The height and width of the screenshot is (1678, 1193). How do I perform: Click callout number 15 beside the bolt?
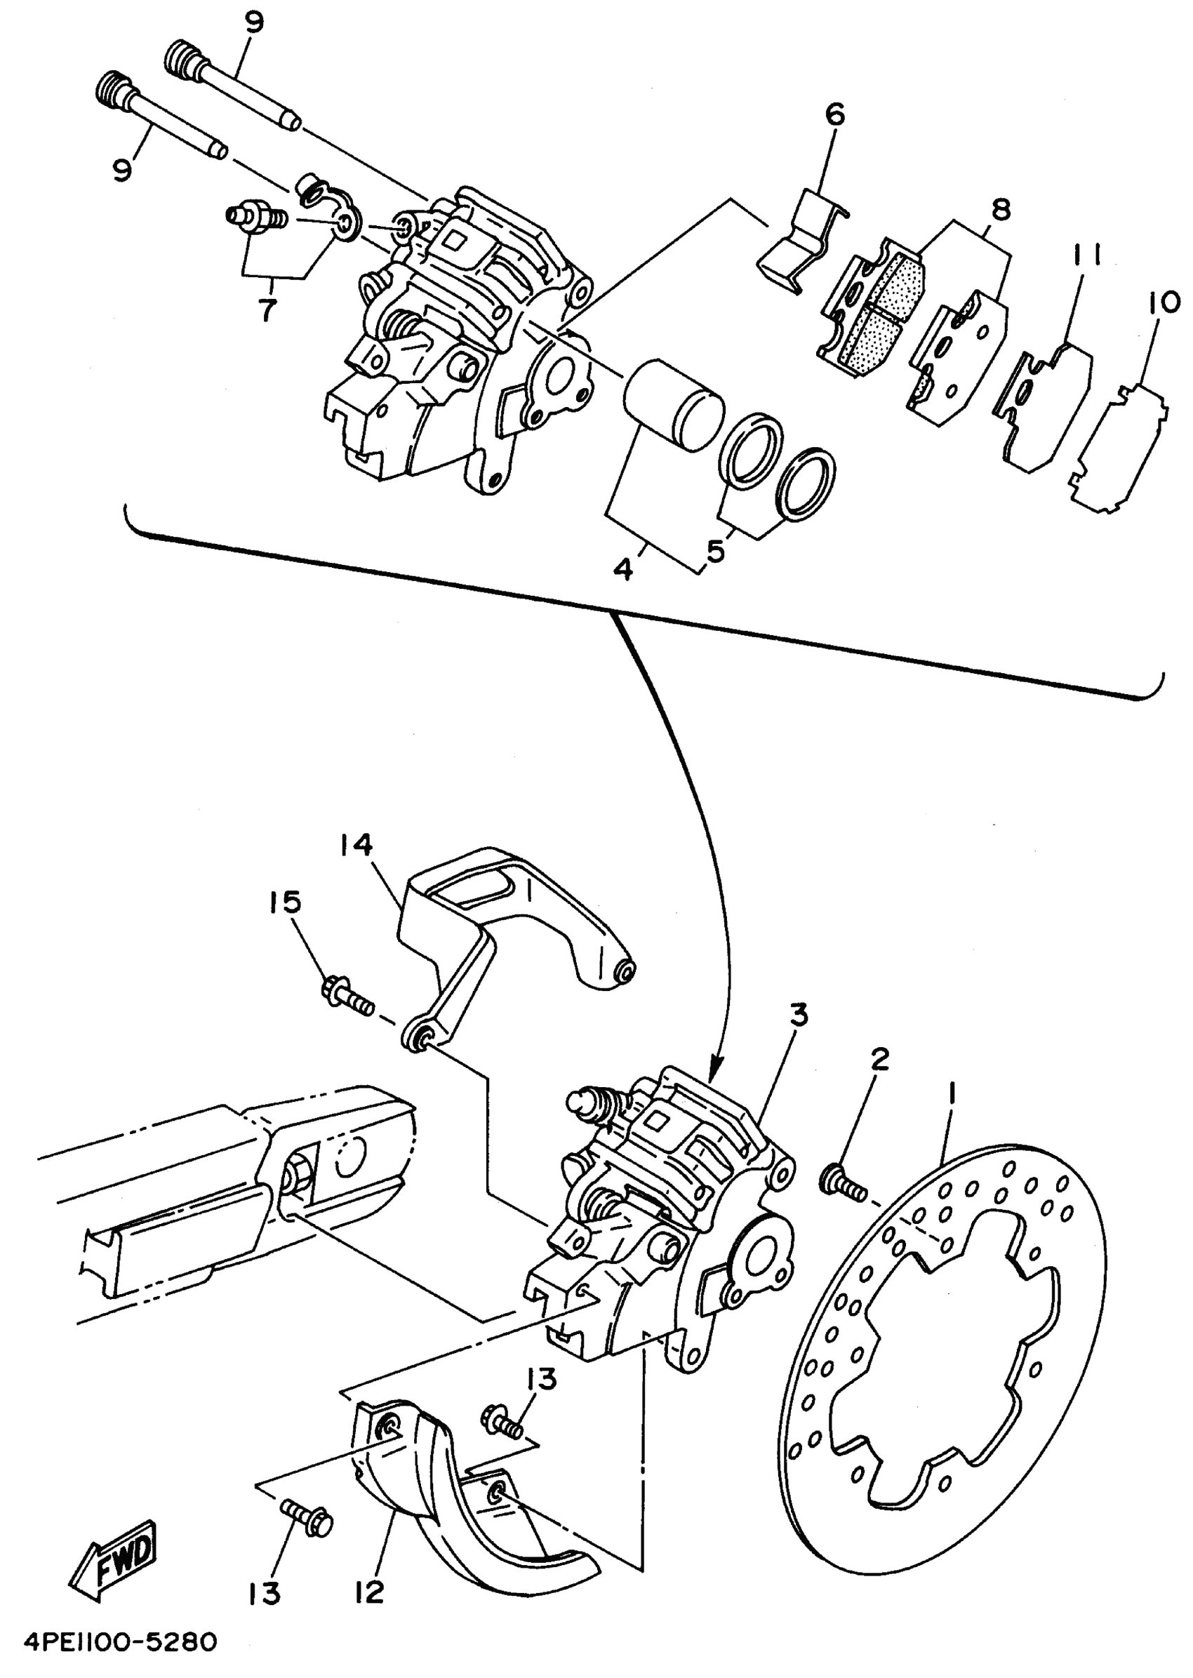[x=286, y=903]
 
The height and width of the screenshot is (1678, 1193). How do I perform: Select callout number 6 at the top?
[x=835, y=114]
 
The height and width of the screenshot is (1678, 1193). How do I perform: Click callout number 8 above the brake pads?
[x=1001, y=209]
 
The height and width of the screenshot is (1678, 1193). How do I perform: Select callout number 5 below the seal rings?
[x=715, y=550]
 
